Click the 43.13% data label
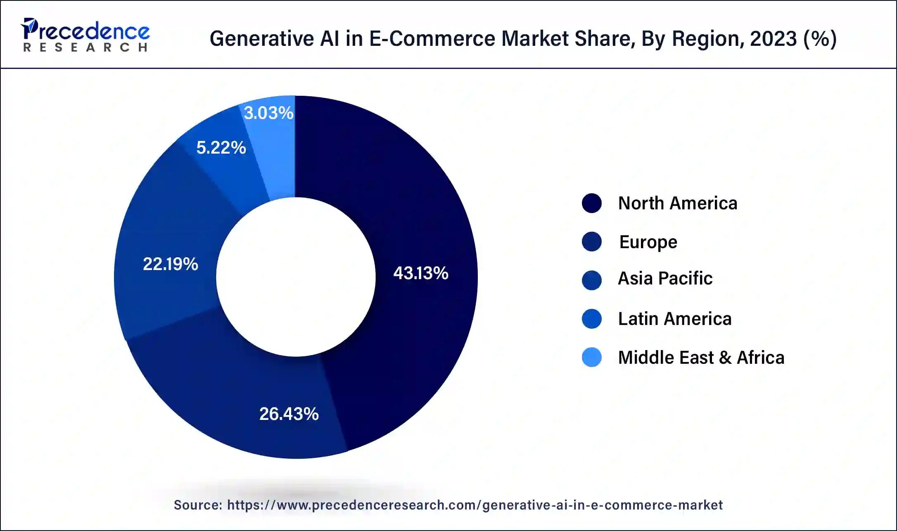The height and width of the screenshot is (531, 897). click(420, 273)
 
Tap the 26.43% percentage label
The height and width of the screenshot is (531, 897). click(289, 414)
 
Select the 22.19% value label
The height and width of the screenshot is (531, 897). click(170, 264)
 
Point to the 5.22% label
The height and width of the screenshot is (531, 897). click(221, 147)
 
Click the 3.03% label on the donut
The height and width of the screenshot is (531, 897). click(268, 113)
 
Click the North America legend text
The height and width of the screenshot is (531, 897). click(677, 203)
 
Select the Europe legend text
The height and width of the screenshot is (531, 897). click(648, 242)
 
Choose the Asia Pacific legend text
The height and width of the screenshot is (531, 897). click(665, 278)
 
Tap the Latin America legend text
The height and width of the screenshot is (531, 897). click(674, 319)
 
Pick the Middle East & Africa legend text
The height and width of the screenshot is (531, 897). click(701, 358)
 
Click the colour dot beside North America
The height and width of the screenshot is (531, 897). click(591, 203)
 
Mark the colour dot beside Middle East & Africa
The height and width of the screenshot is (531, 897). click(591, 358)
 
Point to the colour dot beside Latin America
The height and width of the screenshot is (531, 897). click(591, 319)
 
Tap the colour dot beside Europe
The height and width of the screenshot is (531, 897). click(591, 242)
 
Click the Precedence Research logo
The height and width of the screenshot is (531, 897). click(85, 35)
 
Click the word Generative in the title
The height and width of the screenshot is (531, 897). click(262, 39)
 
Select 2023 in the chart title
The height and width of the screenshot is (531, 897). click(773, 39)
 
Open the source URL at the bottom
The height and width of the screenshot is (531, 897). click(475, 505)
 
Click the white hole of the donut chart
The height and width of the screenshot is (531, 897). click(296, 277)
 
